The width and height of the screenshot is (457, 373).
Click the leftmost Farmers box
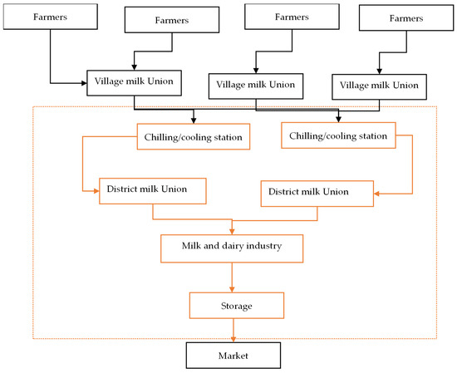point(51,17)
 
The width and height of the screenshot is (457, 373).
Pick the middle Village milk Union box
point(256,85)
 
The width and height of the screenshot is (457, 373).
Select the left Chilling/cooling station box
point(193,136)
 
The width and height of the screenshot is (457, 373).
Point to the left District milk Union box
point(152,189)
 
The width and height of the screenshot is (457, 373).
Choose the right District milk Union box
point(316,193)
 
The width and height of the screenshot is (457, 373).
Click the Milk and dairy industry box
point(232,247)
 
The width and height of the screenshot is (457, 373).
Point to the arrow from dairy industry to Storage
point(232,276)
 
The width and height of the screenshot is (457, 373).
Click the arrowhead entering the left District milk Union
point(95,190)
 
